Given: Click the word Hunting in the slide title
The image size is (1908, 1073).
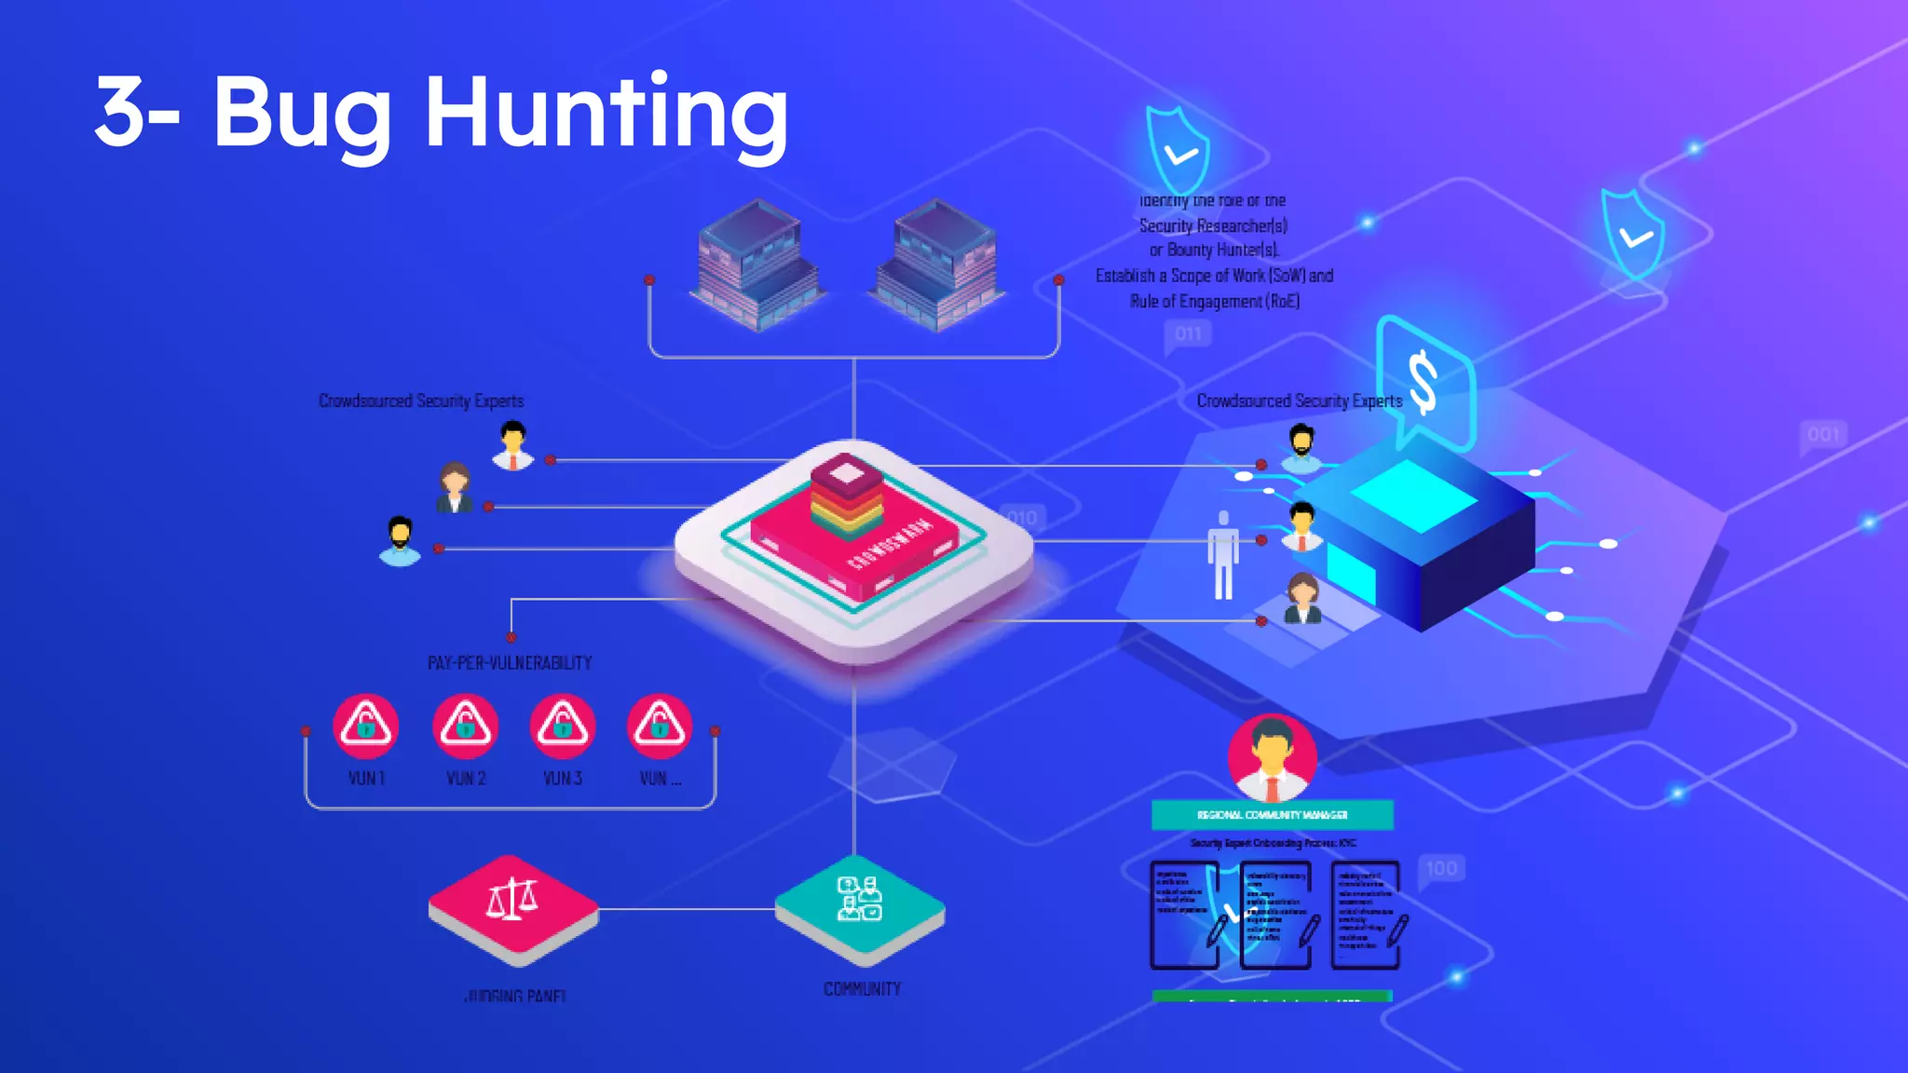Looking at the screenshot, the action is click(x=606, y=114).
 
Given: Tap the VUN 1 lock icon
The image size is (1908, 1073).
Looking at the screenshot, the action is click(x=366, y=725).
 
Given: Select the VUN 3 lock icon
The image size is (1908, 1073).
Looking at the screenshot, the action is click(x=562, y=725).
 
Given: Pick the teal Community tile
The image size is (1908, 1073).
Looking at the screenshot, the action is click(x=860, y=903).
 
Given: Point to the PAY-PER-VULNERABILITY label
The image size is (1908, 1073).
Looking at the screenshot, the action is click(x=510, y=663).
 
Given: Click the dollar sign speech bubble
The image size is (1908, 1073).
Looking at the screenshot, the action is click(x=1425, y=382).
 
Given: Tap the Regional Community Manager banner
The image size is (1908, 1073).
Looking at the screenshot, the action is click(x=1272, y=815).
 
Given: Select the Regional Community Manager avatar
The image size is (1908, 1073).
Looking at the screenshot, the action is click(x=1272, y=756).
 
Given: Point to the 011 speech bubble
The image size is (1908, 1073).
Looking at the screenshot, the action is click(x=1188, y=334).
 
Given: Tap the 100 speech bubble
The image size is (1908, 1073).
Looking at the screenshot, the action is click(x=1441, y=869).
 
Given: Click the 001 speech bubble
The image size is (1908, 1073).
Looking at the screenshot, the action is click(x=1823, y=435).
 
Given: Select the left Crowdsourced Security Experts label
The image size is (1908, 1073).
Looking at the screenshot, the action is click(x=421, y=401).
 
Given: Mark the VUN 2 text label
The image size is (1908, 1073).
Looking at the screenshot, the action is click(x=466, y=778).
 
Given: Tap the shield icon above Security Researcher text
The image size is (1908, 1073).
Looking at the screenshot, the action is click(x=1178, y=149).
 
